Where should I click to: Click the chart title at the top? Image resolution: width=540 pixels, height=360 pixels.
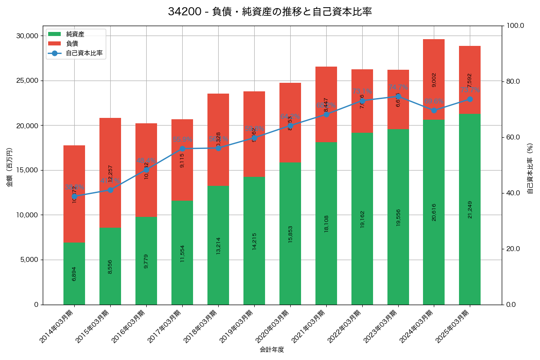[x=270, y=12]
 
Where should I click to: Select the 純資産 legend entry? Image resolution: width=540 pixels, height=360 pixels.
[x=75, y=34]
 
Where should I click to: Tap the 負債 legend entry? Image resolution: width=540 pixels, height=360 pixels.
[x=72, y=44]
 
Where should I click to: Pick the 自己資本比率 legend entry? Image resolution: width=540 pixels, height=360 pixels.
[x=84, y=53]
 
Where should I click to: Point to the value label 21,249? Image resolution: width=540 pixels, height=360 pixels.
[x=470, y=210]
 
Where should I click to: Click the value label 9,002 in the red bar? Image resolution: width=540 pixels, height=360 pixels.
[x=434, y=80]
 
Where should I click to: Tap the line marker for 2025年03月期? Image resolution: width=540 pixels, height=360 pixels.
[x=470, y=99]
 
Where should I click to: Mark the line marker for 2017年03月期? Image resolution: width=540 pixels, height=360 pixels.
[x=182, y=148]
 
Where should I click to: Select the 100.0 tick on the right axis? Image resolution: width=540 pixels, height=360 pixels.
[x=515, y=26]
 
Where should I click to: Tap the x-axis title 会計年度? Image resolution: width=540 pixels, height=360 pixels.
[x=272, y=350]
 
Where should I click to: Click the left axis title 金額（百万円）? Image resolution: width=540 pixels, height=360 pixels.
[x=9, y=167]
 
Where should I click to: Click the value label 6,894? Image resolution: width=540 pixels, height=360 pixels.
[x=74, y=274]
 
